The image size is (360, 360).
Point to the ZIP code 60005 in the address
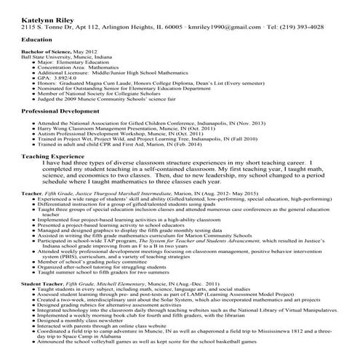pos(178,25)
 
